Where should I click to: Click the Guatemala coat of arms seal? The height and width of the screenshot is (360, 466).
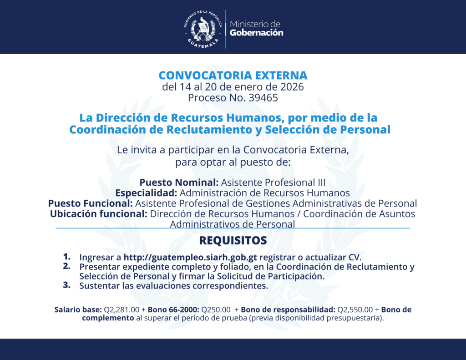point(203,28)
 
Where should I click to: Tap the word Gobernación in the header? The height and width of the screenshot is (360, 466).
point(256,33)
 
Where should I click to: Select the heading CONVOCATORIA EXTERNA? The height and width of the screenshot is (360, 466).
point(233,75)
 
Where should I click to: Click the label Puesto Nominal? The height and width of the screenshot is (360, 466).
point(179,183)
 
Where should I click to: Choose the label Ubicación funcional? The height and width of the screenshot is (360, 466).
point(99,213)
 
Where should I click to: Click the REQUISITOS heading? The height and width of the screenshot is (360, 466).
point(233,240)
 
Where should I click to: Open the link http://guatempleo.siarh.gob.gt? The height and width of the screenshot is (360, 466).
point(190,257)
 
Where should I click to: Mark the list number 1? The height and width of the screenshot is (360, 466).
point(67,256)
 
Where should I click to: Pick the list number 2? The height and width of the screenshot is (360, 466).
point(67,266)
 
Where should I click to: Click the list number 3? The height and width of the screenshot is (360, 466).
point(67,285)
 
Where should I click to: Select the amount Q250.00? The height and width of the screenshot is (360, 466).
point(216,310)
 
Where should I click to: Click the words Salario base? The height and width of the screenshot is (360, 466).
point(78,310)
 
